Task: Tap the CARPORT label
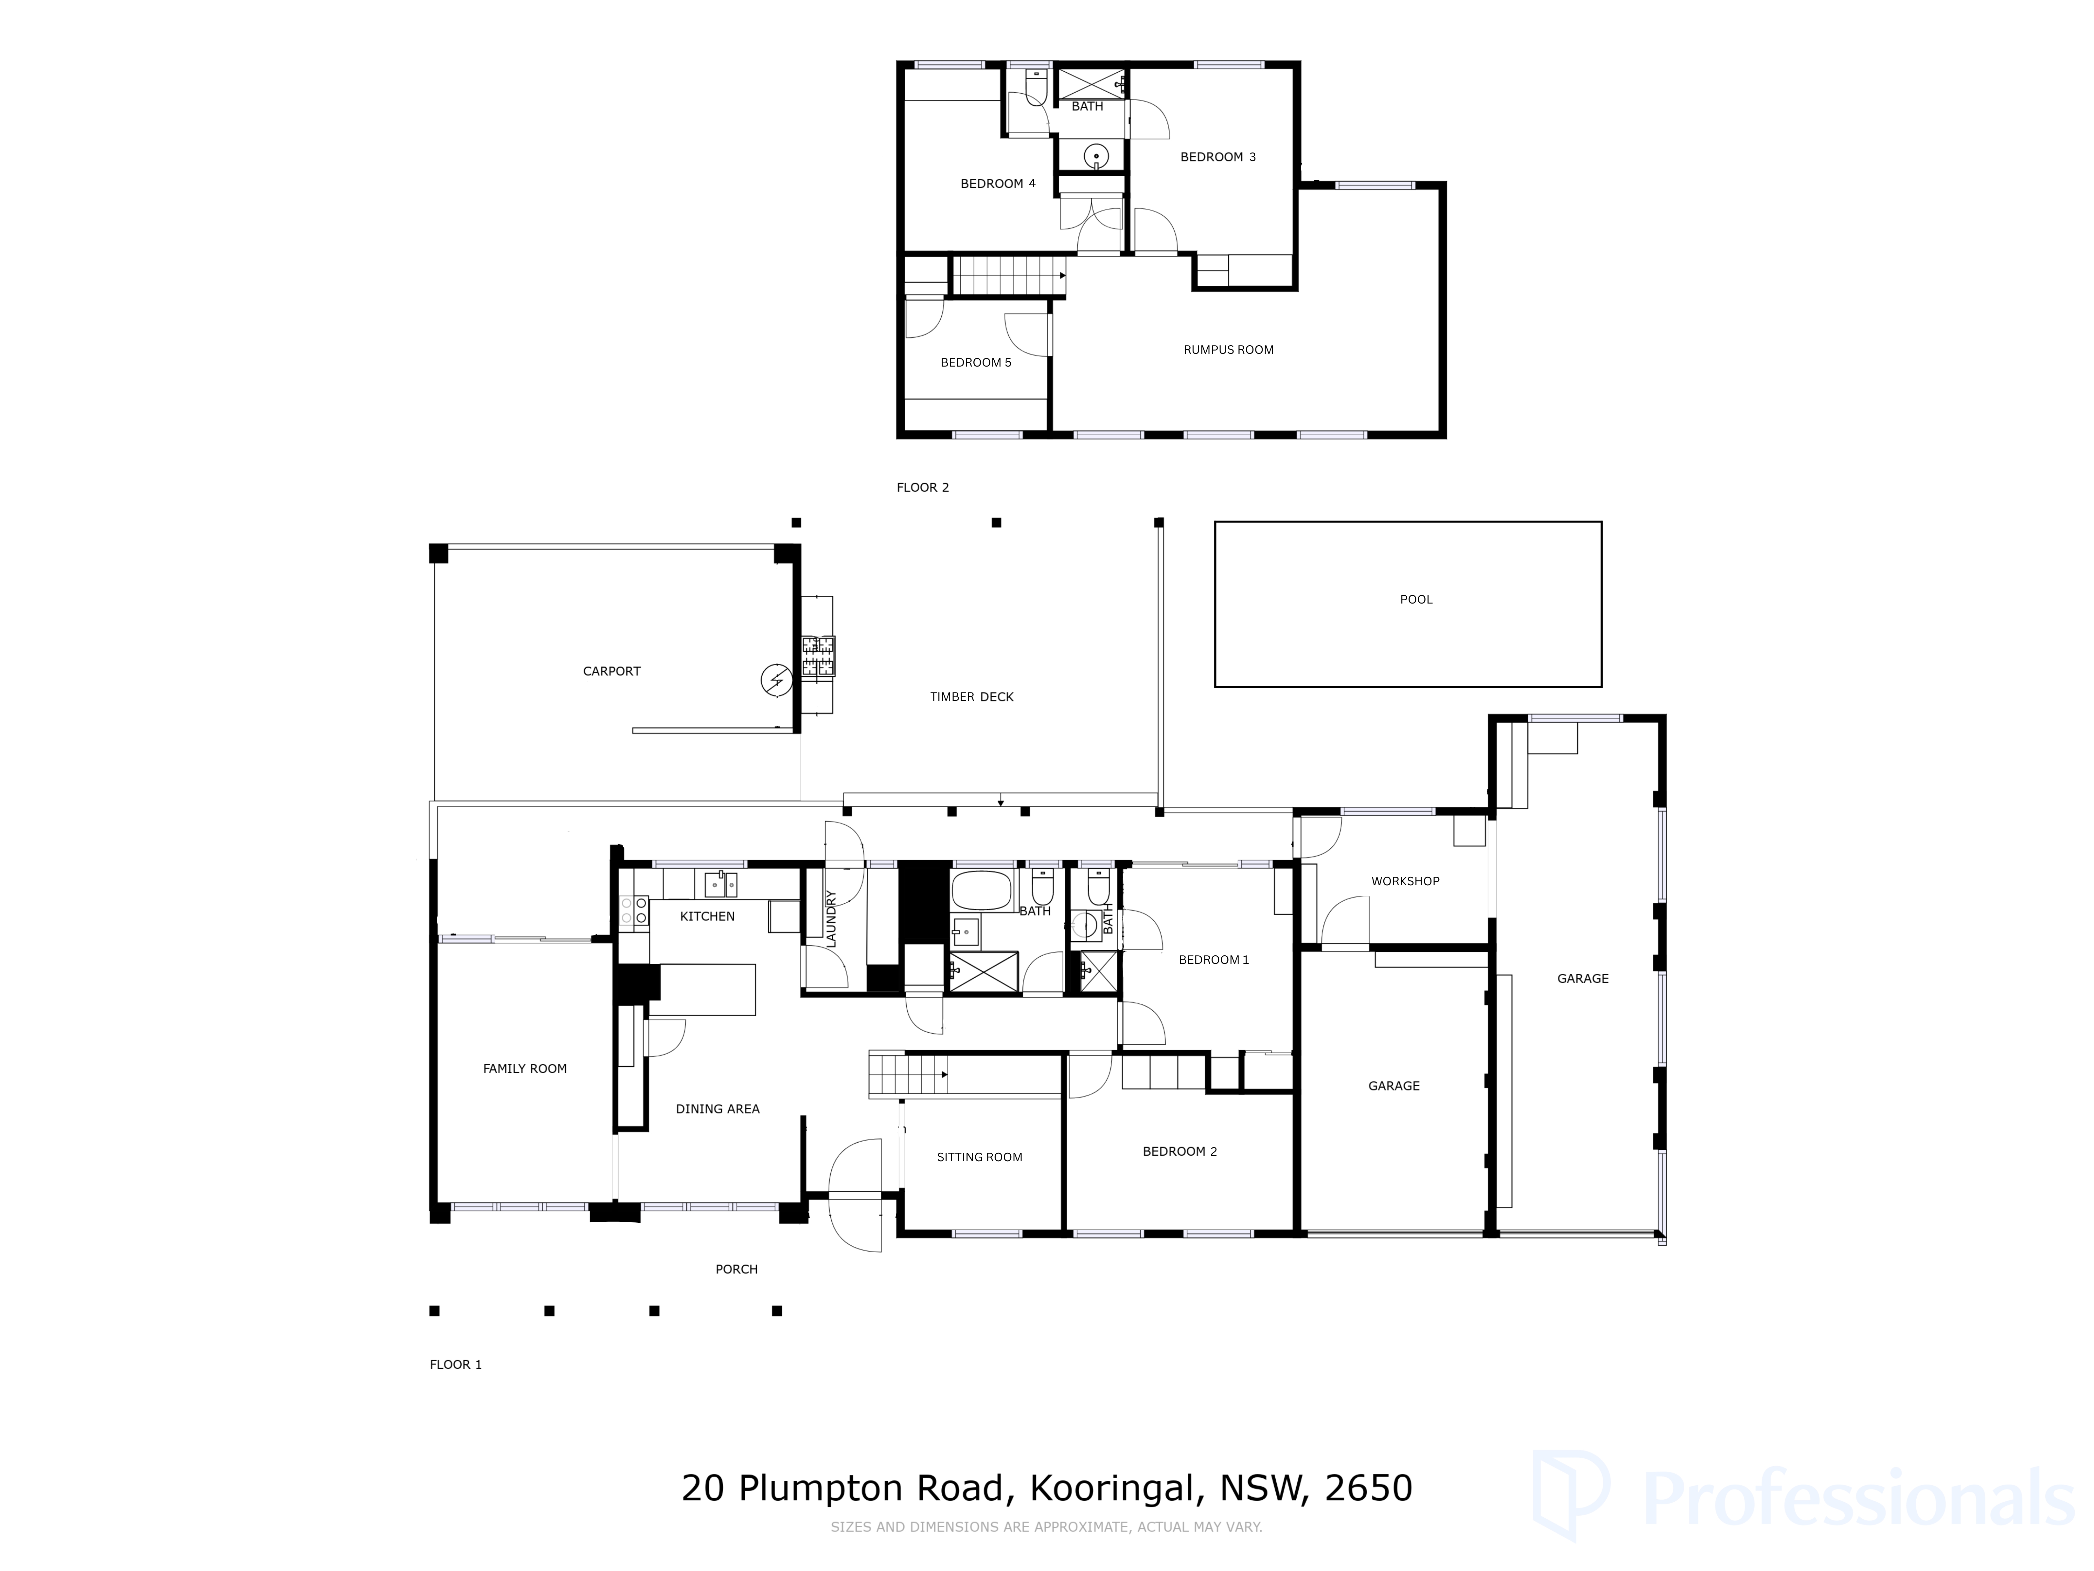point(612,671)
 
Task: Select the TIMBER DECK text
point(971,697)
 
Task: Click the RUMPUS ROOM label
point(1228,350)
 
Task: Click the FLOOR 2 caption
point(922,488)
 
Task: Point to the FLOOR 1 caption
point(455,1364)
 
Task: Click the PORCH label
point(736,1269)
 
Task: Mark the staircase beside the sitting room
point(909,1075)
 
